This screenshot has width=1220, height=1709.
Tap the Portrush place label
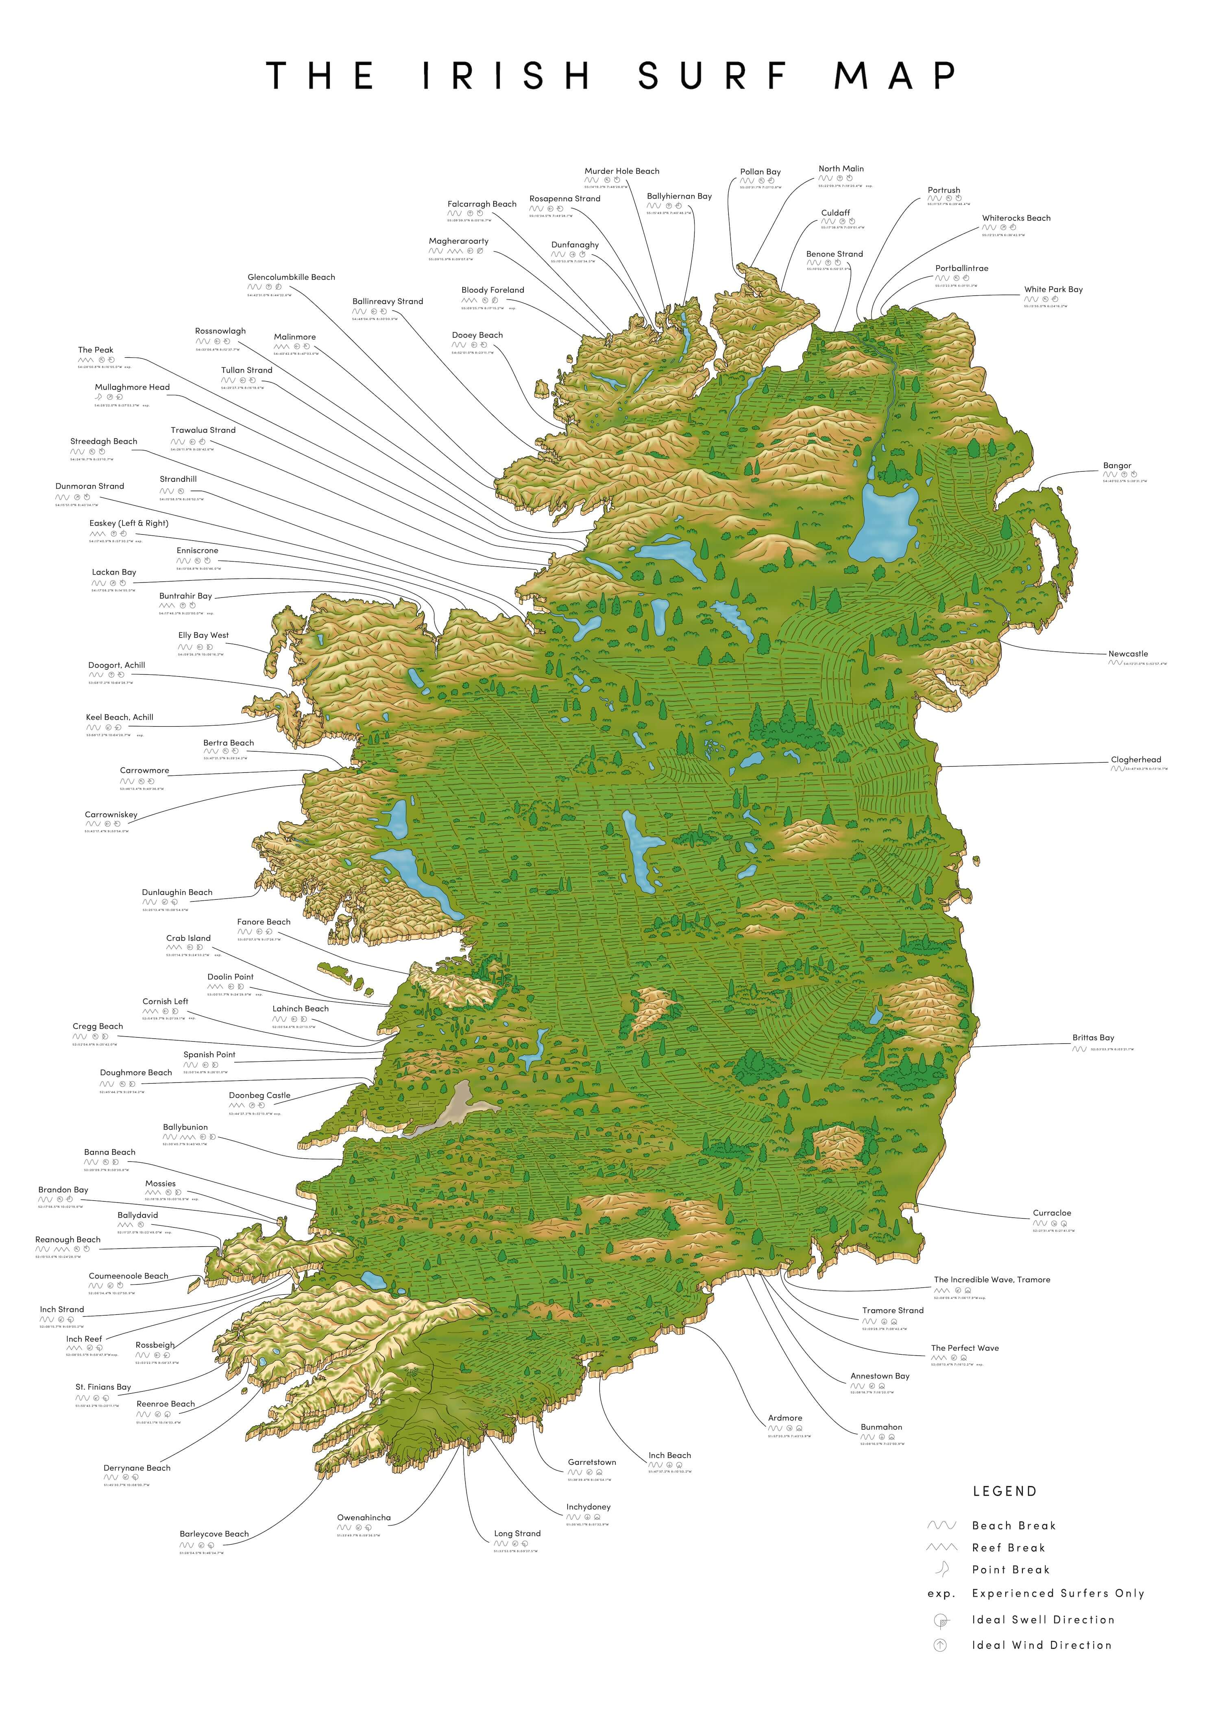coord(943,190)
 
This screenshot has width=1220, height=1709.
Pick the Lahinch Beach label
coord(301,1009)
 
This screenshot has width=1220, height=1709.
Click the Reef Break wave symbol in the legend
coord(942,1547)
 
